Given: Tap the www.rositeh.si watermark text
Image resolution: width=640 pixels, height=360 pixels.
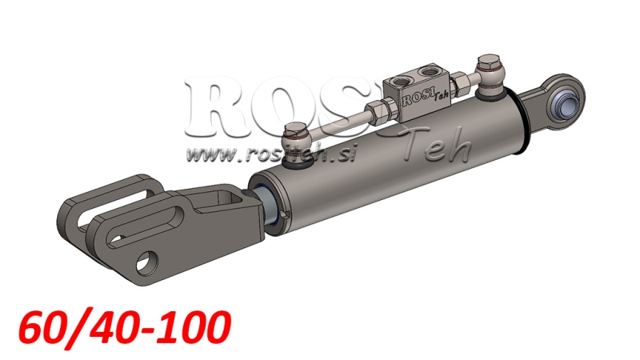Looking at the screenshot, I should (x=263, y=150).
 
